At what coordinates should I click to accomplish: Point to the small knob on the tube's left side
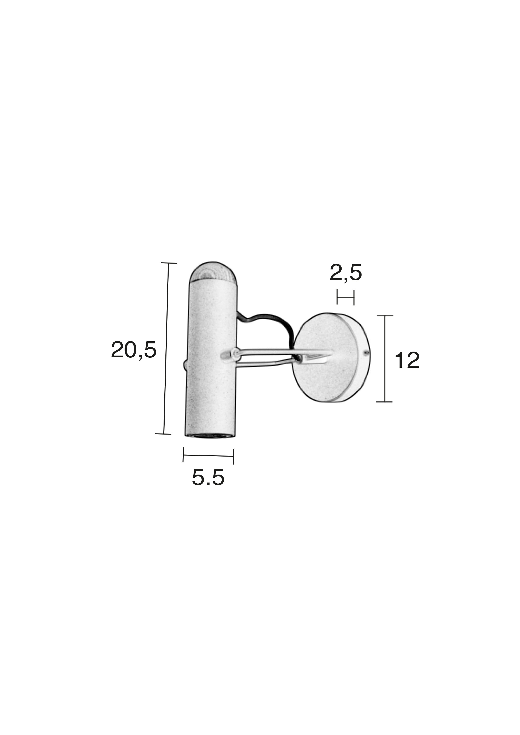(x=184, y=365)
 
